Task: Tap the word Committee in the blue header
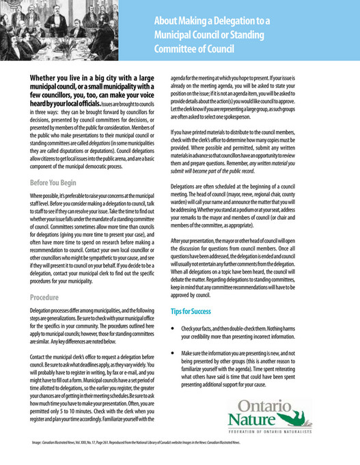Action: (177, 48)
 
